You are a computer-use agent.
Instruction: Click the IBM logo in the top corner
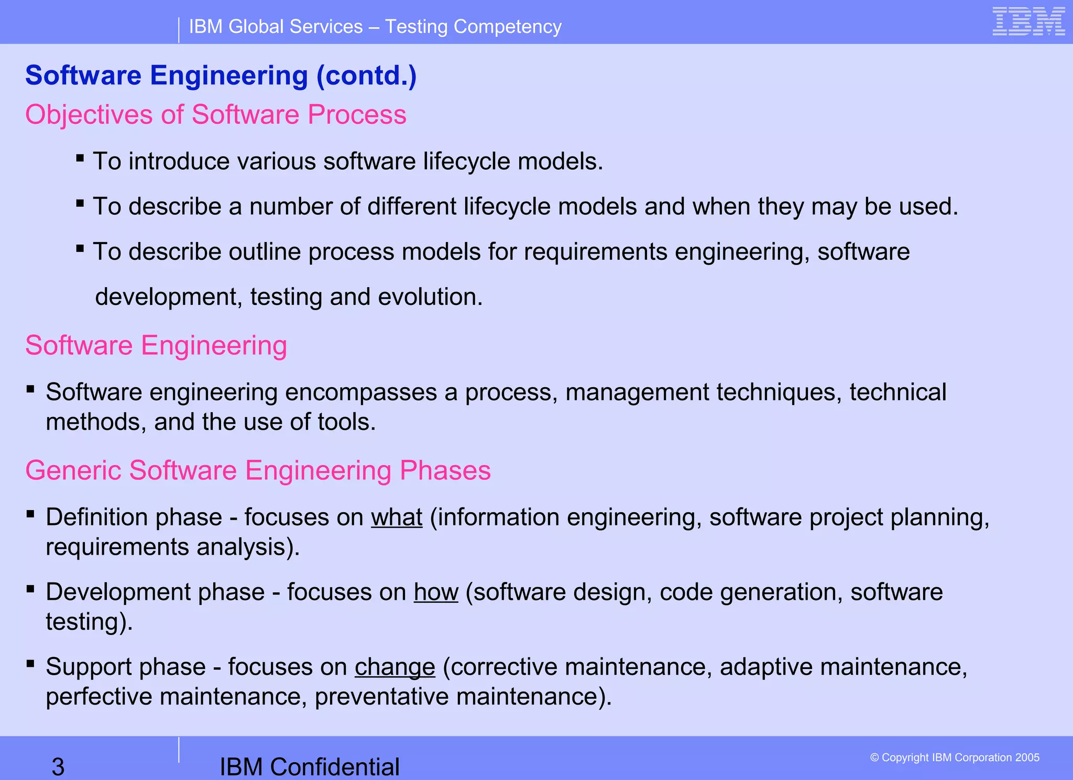point(1028,22)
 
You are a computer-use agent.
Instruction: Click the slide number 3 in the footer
point(58,767)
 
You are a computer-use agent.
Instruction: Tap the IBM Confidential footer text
point(309,767)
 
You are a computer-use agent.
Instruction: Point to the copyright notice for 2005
point(955,757)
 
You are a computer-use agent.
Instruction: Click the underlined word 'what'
point(397,518)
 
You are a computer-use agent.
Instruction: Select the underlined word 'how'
point(436,592)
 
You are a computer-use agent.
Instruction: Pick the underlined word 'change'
point(395,667)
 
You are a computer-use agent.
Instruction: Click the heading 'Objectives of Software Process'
point(216,115)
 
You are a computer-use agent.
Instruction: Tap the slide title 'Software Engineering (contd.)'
point(221,75)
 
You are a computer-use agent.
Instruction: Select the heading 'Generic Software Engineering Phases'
point(258,470)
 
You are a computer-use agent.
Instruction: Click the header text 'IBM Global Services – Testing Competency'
point(375,27)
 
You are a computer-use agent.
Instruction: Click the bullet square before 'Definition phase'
point(30,514)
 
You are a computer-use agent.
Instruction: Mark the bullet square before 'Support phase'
point(30,664)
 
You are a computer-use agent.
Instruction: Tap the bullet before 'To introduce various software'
point(80,158)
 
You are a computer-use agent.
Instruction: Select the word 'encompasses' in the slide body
point(360,392)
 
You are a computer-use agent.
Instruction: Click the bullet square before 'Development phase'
point(30,589)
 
